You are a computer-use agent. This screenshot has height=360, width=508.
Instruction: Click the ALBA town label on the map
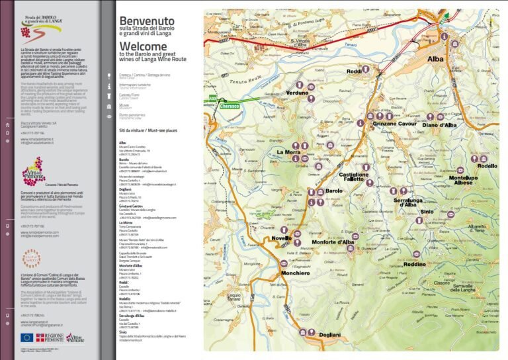[x=436, y=59]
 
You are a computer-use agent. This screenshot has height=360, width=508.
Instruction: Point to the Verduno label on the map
[x=298, y=93]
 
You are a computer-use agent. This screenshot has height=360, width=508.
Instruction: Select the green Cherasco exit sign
[x=230, y=105]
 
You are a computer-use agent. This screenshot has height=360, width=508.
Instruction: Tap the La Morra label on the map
[x=288, y=153]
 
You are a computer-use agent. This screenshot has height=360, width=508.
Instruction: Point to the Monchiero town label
[x=294, y=273]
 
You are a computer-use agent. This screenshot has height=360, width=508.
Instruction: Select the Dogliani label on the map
[x=330, y=336]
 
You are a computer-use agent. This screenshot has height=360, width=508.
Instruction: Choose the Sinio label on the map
[x=427, y=212]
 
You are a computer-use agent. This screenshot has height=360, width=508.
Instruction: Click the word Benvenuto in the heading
[x=147, y=21]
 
